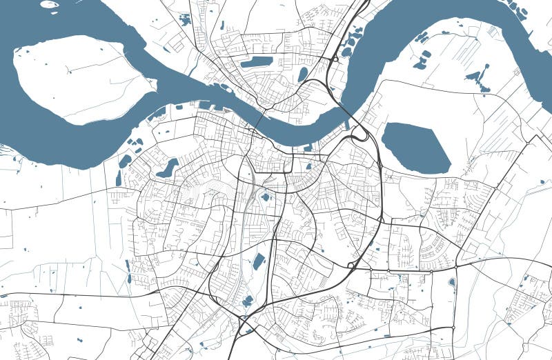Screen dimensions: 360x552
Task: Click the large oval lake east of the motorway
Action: tap(415, 148)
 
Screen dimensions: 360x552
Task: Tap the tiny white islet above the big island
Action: tap(49, 4)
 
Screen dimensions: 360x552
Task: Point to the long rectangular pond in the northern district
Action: tap(256, 62)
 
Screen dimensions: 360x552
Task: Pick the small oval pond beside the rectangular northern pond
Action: tap(302, 74)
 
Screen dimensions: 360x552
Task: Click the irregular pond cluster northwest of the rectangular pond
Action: tap(185, 19)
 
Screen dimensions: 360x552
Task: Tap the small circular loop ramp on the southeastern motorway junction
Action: tap(351, 266)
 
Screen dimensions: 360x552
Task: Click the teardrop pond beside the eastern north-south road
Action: tap(452, 282)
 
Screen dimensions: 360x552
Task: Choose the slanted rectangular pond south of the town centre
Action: tap(259, 261)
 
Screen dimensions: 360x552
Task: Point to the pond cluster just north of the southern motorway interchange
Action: tap(247, 301)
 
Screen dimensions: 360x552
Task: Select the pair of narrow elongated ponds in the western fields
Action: tap(128, 272)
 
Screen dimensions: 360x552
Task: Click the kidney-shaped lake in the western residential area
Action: tap(168, 168)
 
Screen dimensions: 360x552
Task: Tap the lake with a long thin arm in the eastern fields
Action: tap(477, 78)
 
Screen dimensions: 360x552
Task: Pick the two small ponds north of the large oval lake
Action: tap(422, 59)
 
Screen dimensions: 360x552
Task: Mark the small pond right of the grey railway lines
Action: tap(265, 197)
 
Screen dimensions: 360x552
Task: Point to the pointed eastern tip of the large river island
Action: tap(155, 86)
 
